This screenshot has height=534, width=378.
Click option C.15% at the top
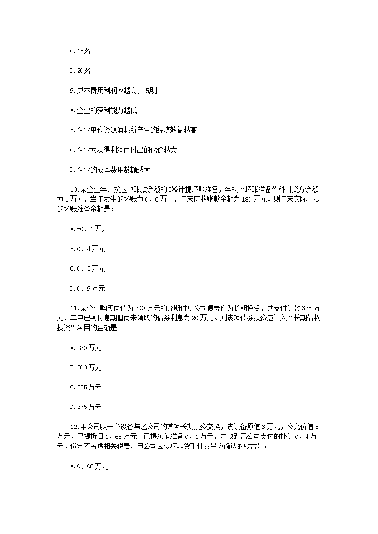click(x=80, y=51)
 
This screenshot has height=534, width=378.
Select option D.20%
click(x=80, y=71)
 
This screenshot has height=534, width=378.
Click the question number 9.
click(x=72, y=90)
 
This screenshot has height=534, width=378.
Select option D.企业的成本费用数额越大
click(x=110, y=170)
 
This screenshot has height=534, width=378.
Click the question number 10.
click(x=74, y=189)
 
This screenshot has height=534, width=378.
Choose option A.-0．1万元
click(x=89, y=229)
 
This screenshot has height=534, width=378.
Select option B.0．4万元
click(x=88, y=249)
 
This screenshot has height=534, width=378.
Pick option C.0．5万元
click(x=88, y=269)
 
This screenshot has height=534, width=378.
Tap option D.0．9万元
click(x=88, y=288)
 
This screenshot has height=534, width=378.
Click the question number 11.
click(x=74, y=308)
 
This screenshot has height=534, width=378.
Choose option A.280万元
click(x=86, y=348)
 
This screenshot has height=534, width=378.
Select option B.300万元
click(x=86, y=368)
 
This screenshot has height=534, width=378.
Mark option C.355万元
click(x=86, y=388)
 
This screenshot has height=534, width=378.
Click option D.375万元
click(x=86, y=407)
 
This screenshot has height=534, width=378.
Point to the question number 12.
click(x=74, y=427)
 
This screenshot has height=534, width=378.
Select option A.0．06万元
click(x=89, y=467)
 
